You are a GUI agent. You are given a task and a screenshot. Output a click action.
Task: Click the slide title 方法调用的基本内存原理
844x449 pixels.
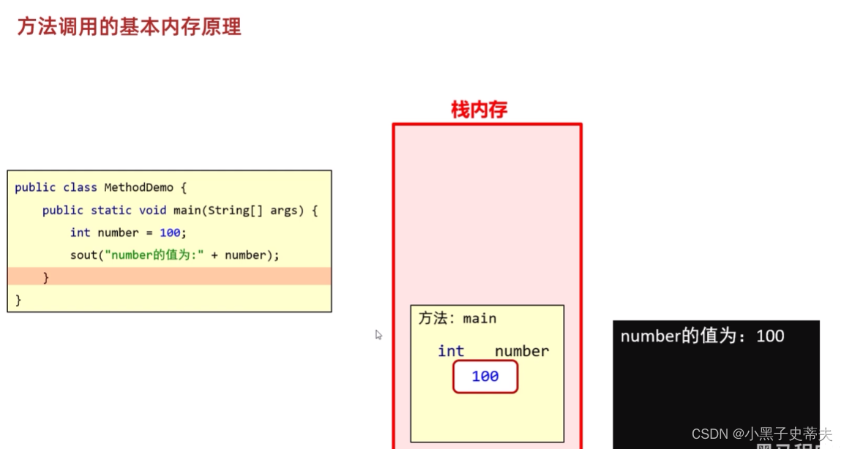[x=129, y=27]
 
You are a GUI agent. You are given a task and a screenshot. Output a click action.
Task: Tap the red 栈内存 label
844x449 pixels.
[x=479, y=110]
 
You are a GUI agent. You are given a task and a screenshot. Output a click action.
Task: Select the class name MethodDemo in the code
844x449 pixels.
[x=138, y=187]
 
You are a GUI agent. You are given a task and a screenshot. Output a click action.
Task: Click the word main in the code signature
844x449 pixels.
[x=188, y=210]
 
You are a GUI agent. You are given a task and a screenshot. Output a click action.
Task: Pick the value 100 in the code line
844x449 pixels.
[x=169, y=233]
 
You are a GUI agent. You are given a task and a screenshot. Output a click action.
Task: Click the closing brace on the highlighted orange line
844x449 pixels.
[x=46, y=277]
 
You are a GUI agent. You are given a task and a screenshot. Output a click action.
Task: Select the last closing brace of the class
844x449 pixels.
[x=18, y=300]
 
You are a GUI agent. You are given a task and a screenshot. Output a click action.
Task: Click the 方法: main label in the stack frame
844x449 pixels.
[x=457, y=318]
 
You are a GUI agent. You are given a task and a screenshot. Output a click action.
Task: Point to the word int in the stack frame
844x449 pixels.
[x=451, y=351]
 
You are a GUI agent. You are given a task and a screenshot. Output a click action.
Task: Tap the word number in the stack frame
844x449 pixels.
[x=521, y=351]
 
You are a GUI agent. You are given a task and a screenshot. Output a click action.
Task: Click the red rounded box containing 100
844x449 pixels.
[x=485, y=377]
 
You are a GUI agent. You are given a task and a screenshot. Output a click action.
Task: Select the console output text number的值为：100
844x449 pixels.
[x=702, y=336]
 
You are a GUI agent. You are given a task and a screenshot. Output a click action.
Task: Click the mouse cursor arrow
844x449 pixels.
[x=378, y=334]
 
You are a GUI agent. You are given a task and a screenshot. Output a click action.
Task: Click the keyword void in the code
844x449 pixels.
[x=152, y=210]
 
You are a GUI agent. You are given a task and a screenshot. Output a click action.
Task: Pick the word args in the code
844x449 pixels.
[x=284, y=210]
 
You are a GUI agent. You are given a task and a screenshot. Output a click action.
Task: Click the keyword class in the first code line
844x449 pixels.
[x=81, y=187]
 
